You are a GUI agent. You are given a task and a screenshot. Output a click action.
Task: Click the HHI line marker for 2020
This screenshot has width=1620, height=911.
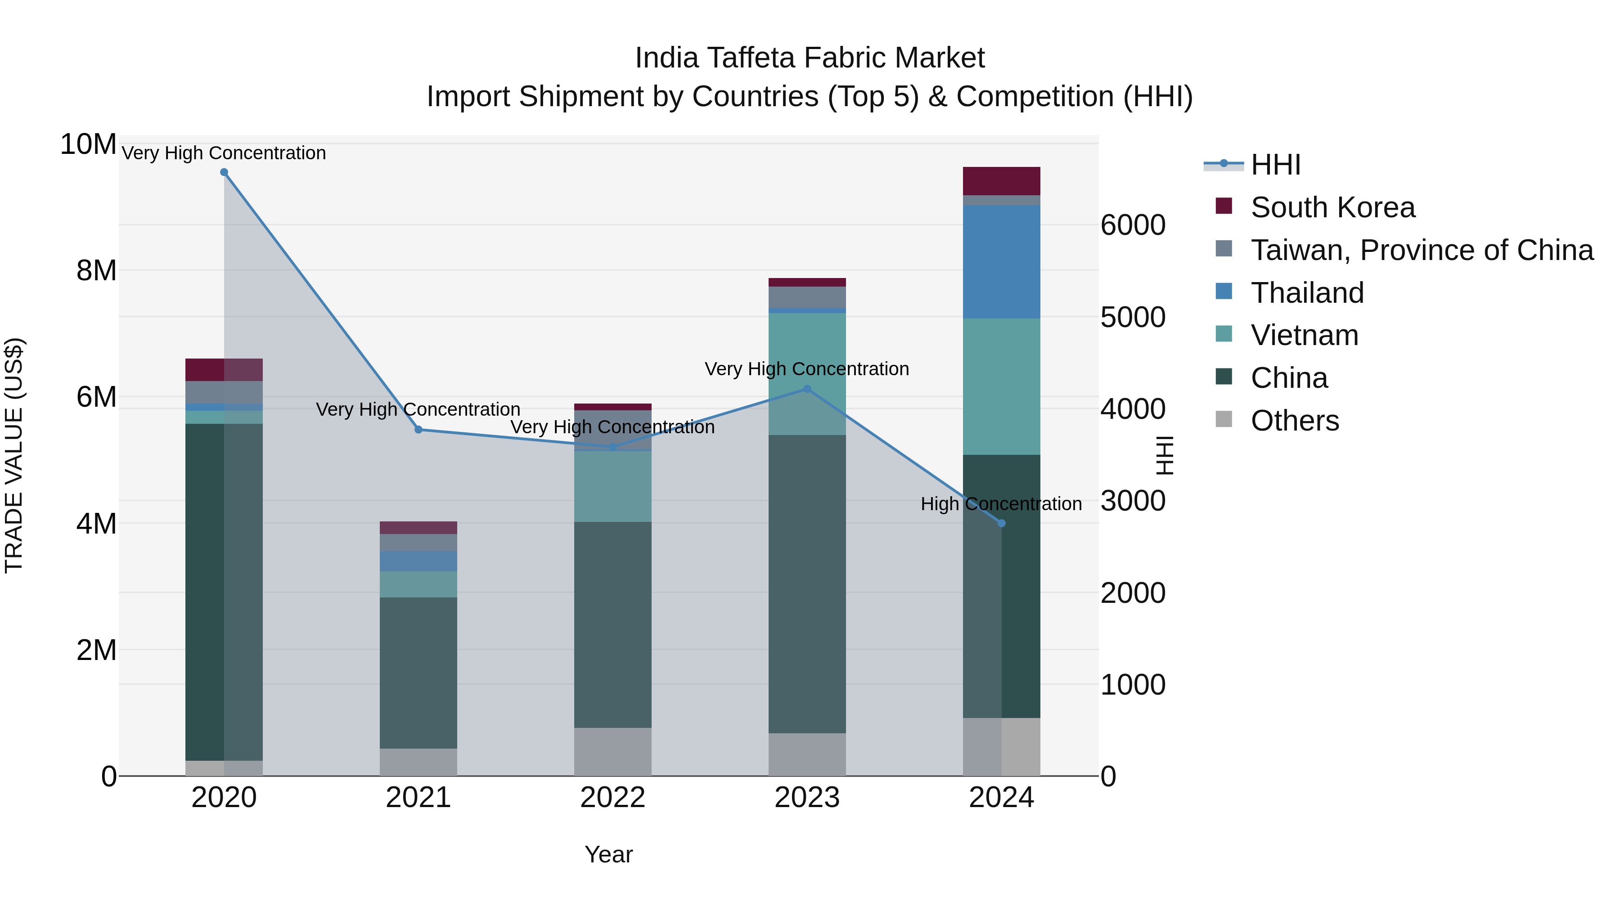[224, 172]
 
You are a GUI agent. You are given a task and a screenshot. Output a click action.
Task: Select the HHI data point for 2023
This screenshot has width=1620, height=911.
[807, 389]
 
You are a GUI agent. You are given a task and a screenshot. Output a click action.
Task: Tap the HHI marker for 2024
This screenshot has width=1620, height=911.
[1001, 523]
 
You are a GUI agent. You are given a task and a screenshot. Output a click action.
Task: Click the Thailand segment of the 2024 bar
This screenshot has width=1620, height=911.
[1001, 261]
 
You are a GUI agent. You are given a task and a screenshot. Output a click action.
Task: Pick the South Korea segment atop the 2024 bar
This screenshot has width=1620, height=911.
[1001, 181]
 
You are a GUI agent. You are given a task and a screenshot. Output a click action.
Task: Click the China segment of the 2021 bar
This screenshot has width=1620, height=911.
[418, 673]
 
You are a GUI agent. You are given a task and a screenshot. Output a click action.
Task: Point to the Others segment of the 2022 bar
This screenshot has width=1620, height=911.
[612, 752]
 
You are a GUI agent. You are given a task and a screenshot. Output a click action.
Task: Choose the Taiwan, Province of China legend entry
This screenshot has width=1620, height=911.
[1421, 250]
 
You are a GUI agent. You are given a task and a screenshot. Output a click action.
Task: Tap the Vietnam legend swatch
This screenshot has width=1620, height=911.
[1224, 334]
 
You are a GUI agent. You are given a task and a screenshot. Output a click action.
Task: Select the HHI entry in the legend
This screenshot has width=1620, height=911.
[1275, 165]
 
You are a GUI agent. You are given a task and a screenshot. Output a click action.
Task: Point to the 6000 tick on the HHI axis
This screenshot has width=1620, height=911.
[1133, 225]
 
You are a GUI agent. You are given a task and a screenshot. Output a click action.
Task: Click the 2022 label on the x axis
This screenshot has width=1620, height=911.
[612, 798]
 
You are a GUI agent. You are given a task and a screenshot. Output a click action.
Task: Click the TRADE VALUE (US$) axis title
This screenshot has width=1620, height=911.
[14, 455]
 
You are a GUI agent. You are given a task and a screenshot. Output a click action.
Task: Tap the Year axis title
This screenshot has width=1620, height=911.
[608, 854]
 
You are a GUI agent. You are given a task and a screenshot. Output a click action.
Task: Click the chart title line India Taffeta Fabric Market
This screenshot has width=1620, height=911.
[810, 58]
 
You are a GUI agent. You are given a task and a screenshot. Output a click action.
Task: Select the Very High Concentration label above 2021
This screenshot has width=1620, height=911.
[418, 409]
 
